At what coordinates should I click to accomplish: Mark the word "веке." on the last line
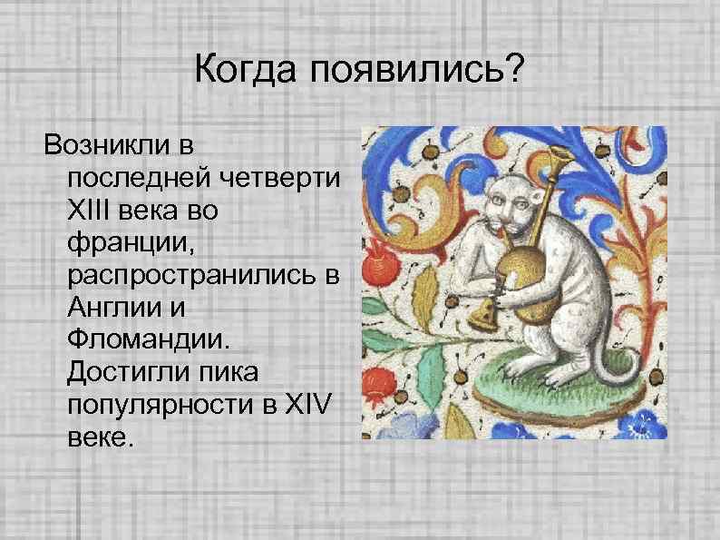(x=99, y=438)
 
